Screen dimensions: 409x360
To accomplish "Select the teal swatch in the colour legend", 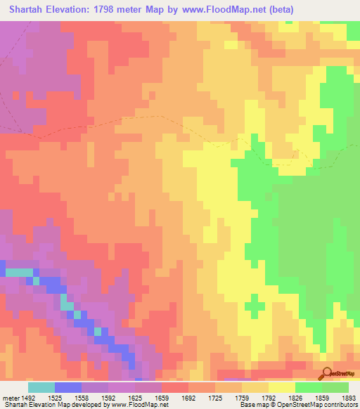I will tap(41, 387).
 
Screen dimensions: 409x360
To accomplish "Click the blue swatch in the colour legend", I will tap(68, 387).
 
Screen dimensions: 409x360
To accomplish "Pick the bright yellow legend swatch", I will tap(282, 387).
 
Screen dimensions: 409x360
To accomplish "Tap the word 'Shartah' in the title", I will tap(28, 9).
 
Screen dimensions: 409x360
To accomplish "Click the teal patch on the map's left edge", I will tap(19, 271).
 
